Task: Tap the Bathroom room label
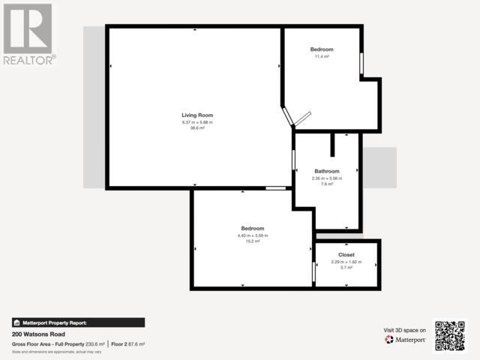tap(327, 171)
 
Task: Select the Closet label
tap(346, 255)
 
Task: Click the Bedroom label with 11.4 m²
tap(322, 49)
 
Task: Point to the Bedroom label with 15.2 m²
tap(252, 228)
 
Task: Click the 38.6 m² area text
tap(197, 128)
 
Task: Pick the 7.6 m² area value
tap(327, 184)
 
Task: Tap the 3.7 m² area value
tap(346, 268)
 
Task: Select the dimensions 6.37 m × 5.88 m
tap(197, 122)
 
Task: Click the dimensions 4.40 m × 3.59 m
tap(252, 235)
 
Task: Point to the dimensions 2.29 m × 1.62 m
tap(346, 262)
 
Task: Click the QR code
tap(450, 335)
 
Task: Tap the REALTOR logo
tap(28, 34)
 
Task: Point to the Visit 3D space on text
tap(405, 330)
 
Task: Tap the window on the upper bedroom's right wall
tap(361, 64)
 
